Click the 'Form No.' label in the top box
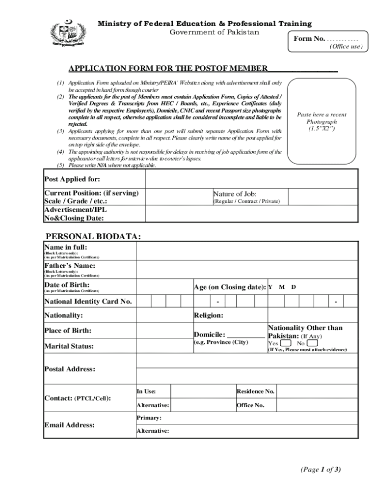pos(309,39)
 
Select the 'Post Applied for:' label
pos(72,179)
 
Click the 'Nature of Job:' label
pos(235,194)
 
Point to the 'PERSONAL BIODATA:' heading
pos(93,237)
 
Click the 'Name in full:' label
pos(65,247)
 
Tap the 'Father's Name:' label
pos(70,266)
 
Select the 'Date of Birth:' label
pos(67,285)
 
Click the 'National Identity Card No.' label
pos(88,302)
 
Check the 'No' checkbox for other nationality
pos(312,343)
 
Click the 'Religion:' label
pos(209,315)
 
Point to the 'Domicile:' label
pos(210,334)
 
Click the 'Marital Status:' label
pos(69,346)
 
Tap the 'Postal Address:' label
pos(70,369)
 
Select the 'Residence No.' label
pos(255,391)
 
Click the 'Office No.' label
pos(250,405)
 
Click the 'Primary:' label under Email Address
pos(149,418)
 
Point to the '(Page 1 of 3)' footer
pos(321,470)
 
